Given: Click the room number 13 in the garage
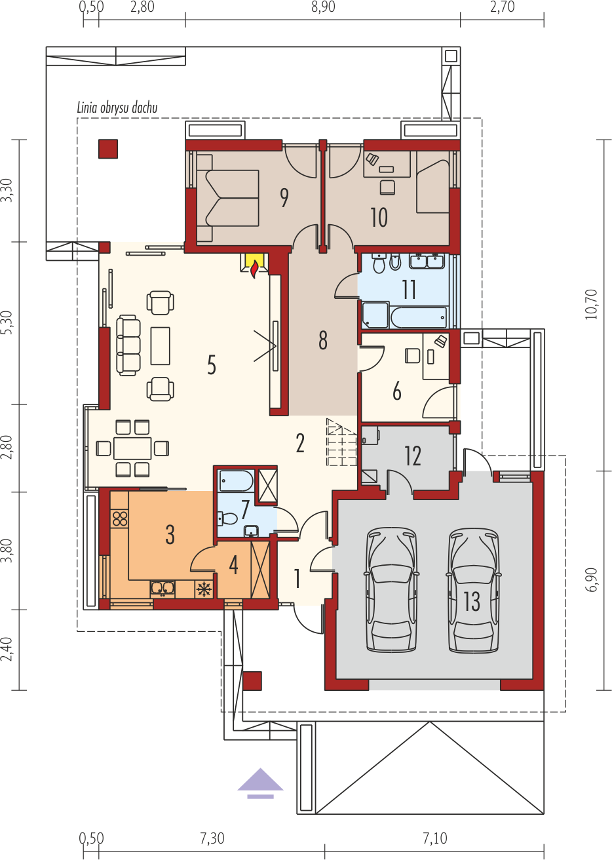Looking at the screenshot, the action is pyautogui.click(x=472, y=601).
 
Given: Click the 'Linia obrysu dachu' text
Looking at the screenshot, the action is pyautogui.click(x=117, y=108).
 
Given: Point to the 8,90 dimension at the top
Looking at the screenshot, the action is pyautogui.click(x=323, y=7).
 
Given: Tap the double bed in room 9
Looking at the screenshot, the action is pyautogui.click(x=227, y=198).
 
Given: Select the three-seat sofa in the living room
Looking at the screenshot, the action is pyautogui.click(x=128, y=345).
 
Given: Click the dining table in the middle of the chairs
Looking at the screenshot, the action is pyautogui.click(x=132, y=448).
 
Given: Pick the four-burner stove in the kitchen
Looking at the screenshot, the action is pyautogui.click(x=120, y=518).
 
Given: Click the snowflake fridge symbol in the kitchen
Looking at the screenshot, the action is pyautogui.click(x=204, y=589).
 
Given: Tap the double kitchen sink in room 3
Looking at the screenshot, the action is pyautogui.click(x=163, y=589).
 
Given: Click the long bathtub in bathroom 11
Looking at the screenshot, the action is pyautogui.click(x=418, y=317).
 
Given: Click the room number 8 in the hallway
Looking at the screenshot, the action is pyautogui.click(x=323, y=340).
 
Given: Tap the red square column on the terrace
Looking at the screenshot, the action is pyautogui.click(x=108, y=149).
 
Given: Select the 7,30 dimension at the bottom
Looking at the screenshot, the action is pyautogui.click(x=212, y=838).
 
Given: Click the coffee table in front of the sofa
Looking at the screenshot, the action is pyautogui.click(x=160, y=345).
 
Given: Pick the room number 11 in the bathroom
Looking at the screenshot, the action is pyautogui.click(x=409, y=290).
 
